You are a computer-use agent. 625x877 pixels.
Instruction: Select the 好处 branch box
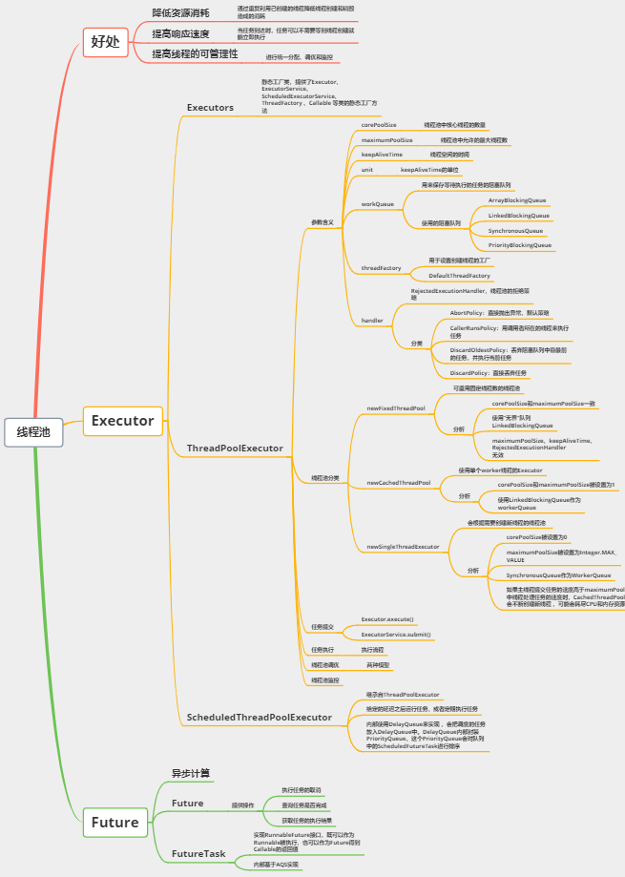[x=106, y=40]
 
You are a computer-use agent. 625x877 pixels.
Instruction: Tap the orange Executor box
[x=122, y=420]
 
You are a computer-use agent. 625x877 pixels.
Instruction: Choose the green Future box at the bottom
[x=115, y=823]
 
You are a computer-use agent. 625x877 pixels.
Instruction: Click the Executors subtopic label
[x=210, y=108]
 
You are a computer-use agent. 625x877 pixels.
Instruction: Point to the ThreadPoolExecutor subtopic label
[x=235, y=448]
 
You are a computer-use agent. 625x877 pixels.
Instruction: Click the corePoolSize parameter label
[x=379, y=125]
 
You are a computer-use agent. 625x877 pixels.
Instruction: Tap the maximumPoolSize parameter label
[x=386, y=140]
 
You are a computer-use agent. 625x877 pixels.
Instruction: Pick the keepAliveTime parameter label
[x=382, y=155]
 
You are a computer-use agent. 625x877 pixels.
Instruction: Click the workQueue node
[x=377, y=204]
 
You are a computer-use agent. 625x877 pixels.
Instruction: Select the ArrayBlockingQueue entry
[x=517, y=200]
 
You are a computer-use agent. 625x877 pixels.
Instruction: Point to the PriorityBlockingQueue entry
[x=519, y=245]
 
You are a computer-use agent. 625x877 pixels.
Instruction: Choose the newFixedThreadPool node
[x=396, y=407]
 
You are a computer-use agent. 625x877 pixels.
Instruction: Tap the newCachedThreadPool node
[x=399, y=483]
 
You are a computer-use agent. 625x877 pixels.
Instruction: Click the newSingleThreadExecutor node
[x=403, y=547]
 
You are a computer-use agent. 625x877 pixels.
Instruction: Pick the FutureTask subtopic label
[x=198, y=853]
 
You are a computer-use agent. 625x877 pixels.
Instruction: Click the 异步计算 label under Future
[x=191, y=773]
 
